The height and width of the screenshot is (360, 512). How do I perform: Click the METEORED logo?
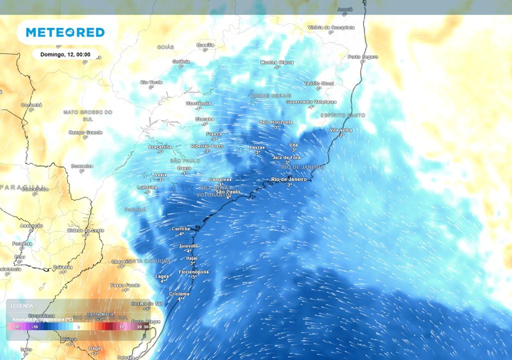[65, 32]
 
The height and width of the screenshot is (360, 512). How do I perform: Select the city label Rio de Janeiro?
[289, 179]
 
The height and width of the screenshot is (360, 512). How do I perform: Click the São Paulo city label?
[228, 192]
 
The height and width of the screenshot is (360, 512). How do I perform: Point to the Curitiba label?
[181, 229]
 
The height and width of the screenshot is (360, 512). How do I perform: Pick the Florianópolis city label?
[193, 271]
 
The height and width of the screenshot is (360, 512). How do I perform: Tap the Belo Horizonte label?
[276, 122]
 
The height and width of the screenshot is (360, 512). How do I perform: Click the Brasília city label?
[205, 44]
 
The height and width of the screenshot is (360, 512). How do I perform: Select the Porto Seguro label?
[362, 57]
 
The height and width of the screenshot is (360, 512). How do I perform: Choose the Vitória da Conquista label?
[330, 27]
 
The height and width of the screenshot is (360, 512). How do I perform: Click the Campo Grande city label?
[85, 132]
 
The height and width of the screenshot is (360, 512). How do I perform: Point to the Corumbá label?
[31, 105]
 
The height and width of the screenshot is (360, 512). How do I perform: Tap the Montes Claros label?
[277, 62]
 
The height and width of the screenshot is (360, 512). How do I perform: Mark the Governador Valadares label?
[311, 101]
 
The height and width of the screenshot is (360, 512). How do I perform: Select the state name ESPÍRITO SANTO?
[343, 115]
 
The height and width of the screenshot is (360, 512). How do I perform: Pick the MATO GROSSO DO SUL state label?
[88, 115]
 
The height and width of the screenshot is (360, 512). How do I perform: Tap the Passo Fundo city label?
[125, 285]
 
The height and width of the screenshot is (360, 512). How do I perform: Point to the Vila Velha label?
[341, 130]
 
